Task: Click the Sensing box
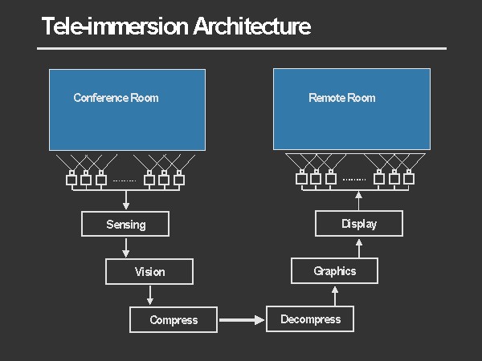point(125,224)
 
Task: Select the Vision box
point(149,271)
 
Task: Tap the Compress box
point(174,320)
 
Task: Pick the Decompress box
point(310,319)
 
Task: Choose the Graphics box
point(334,271)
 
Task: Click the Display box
point(358,224)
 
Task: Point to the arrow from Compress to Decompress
point(241,320)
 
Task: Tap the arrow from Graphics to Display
point(358,247)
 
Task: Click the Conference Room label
point(116,98)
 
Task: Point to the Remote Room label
point(342,98)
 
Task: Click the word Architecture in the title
point(252,26)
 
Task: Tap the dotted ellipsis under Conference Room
point(125,180)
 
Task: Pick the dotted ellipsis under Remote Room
point(354,180)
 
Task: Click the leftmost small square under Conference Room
point(71,179)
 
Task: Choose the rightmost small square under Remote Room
point(408,178)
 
